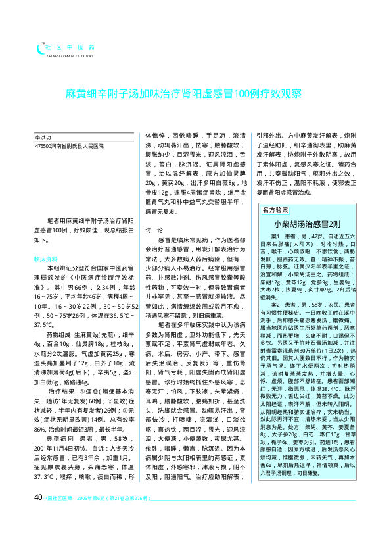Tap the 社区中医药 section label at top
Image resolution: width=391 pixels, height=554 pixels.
[70, 47]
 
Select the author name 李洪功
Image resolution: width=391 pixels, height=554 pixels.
[44, 137]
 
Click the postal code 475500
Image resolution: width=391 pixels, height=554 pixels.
[43, 146]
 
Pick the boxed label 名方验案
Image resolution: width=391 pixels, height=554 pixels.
[275, 209]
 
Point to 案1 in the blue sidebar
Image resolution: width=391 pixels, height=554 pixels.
[277, 236]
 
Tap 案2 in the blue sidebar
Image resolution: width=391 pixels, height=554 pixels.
[277, 305]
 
